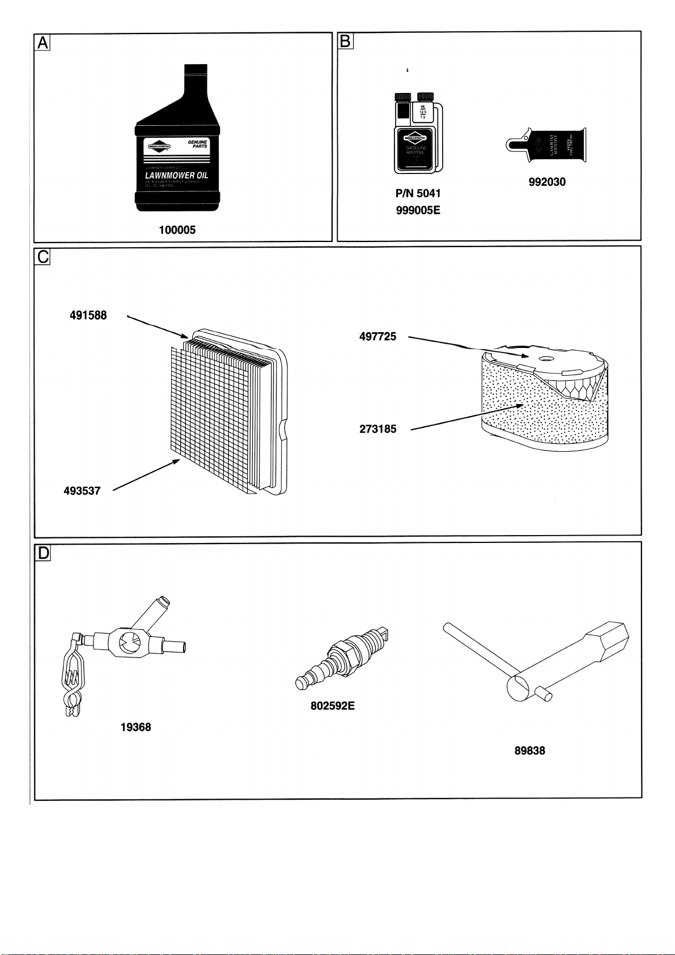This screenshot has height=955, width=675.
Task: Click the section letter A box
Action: point(43,43)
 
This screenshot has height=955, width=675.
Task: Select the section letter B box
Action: point(345,42)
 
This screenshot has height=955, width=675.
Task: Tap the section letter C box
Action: point(43,257)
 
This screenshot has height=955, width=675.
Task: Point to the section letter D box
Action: point(43,553)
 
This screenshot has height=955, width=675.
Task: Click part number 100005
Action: point(177,230)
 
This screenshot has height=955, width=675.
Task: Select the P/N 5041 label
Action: point(418,193)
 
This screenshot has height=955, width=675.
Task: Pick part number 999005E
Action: point(418,210)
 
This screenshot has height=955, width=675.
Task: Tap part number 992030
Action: point(547,182)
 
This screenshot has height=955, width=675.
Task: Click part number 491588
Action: point(88,315)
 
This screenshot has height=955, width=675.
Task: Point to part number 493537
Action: point(82,491)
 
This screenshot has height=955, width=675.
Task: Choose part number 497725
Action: point(377,337)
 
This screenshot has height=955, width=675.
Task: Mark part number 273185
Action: point(377,429)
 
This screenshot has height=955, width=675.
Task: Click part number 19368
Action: point(136,727)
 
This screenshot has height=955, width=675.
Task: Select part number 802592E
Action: point(333,706)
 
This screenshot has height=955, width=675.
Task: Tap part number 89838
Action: point(529,750)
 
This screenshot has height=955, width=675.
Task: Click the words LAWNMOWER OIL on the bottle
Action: point(176,175)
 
